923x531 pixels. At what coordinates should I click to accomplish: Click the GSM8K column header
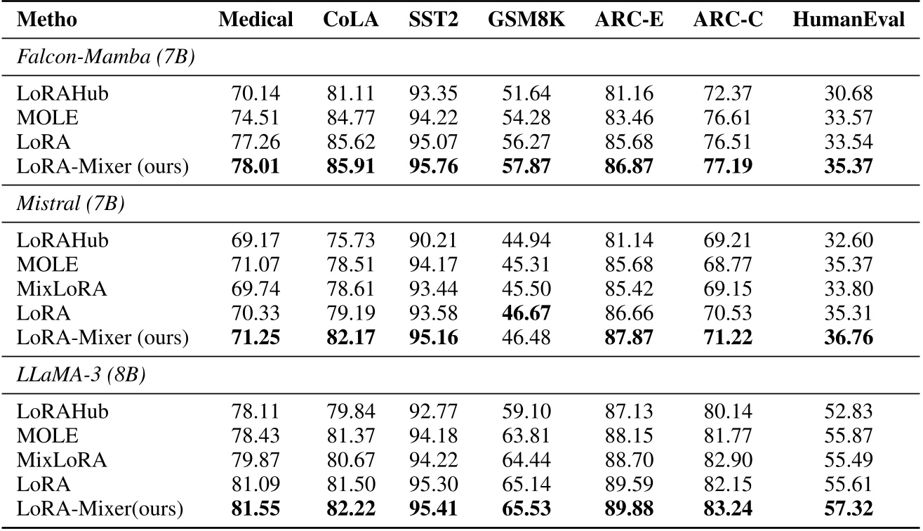[x=519, y=20]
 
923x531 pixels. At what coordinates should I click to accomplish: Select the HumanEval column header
[x=849, y=20]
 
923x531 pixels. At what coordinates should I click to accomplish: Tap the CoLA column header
[x=351, y=20]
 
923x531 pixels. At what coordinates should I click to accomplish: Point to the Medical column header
[x=255, y=20]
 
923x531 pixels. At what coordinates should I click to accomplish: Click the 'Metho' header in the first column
[x=46, y=20]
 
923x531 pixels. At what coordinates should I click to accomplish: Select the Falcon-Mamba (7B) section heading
[x=105, y=59]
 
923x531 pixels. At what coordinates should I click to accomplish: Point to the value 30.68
[x=849, y=93]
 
